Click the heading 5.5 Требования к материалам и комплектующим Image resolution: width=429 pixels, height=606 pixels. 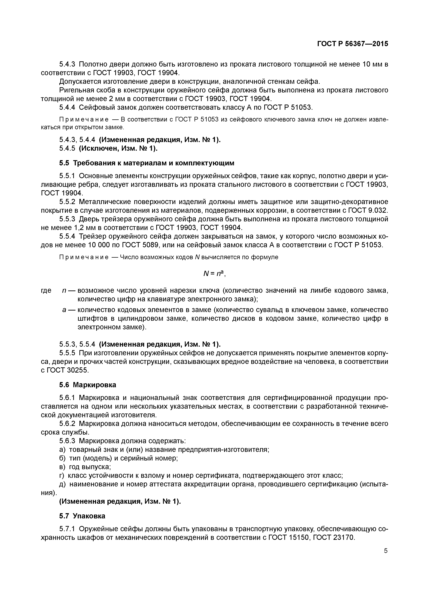tap(147, 163)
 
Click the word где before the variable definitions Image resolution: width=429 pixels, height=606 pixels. tap(46, 291)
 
